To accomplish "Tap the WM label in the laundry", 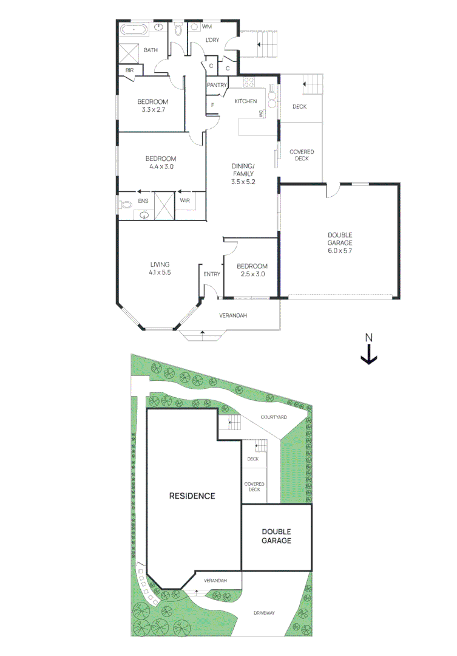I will [206, 27].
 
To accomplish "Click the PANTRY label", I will [217, 85].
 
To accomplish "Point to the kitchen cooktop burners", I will [249, 82].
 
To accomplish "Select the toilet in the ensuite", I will [126, 205].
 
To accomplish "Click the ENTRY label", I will [212, 275].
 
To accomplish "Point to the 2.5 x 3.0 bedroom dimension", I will [251, 274].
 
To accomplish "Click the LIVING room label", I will [160, 264].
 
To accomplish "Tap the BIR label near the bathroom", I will [129, 70].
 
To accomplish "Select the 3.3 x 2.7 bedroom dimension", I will [152, 110].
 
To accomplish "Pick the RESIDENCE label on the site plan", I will [192, 496].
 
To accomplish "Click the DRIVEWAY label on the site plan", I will [264, 613].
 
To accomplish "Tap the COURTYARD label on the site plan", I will [273, 417].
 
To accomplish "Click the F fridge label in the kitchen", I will [212, 105].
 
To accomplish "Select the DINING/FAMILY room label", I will [243, 174].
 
